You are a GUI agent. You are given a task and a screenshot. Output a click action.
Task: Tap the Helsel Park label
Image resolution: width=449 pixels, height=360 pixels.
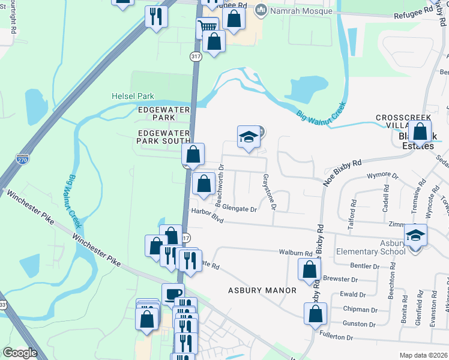(133, 96)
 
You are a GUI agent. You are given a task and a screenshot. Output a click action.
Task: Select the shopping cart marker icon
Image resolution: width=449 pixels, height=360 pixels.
(207, 27)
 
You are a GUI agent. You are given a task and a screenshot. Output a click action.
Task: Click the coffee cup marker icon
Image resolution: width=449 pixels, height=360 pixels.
(173, 293)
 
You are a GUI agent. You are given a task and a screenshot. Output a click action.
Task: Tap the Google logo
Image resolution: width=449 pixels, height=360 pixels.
(20, 353)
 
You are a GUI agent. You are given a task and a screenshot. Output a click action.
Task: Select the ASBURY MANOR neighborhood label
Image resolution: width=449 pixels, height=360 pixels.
(262, 290)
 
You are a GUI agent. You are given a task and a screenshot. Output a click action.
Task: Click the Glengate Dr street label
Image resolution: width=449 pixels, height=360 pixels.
(240, 209)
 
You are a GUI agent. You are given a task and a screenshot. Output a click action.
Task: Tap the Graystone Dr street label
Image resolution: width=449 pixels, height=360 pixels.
(269, 192)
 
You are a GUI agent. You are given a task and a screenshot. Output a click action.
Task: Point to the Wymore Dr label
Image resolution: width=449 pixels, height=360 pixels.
(382, 176)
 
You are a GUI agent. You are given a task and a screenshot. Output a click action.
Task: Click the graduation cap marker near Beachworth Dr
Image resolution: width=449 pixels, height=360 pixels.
(248, 137)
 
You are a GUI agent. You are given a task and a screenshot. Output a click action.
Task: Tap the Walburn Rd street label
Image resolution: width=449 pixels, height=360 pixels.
(296, 253)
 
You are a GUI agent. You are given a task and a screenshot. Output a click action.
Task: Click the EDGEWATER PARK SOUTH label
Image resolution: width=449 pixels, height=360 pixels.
(163, 137)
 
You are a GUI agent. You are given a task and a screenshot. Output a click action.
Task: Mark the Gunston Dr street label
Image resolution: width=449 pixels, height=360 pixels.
(359, 324)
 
